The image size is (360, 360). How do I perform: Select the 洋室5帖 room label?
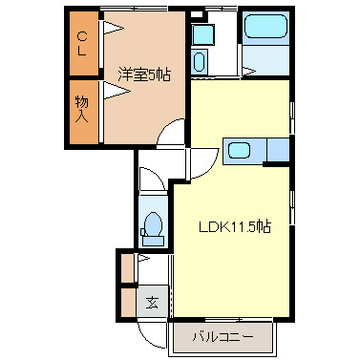tap(144, 74)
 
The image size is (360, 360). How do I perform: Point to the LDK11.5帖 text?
tap(234, 227)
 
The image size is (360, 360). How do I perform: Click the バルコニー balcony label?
tap(222, 337)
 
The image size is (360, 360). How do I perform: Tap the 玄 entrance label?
tap(152, 304)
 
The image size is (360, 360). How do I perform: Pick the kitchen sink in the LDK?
tap(239, 150)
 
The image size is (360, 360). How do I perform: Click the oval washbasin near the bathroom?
tap(200, 63)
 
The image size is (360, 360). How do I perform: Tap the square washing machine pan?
tap(202, 35)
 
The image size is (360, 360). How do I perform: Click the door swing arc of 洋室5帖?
tap(172, 133)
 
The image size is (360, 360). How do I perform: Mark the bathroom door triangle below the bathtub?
tap(248, 68)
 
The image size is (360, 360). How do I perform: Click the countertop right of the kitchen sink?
tap(278, 150)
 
